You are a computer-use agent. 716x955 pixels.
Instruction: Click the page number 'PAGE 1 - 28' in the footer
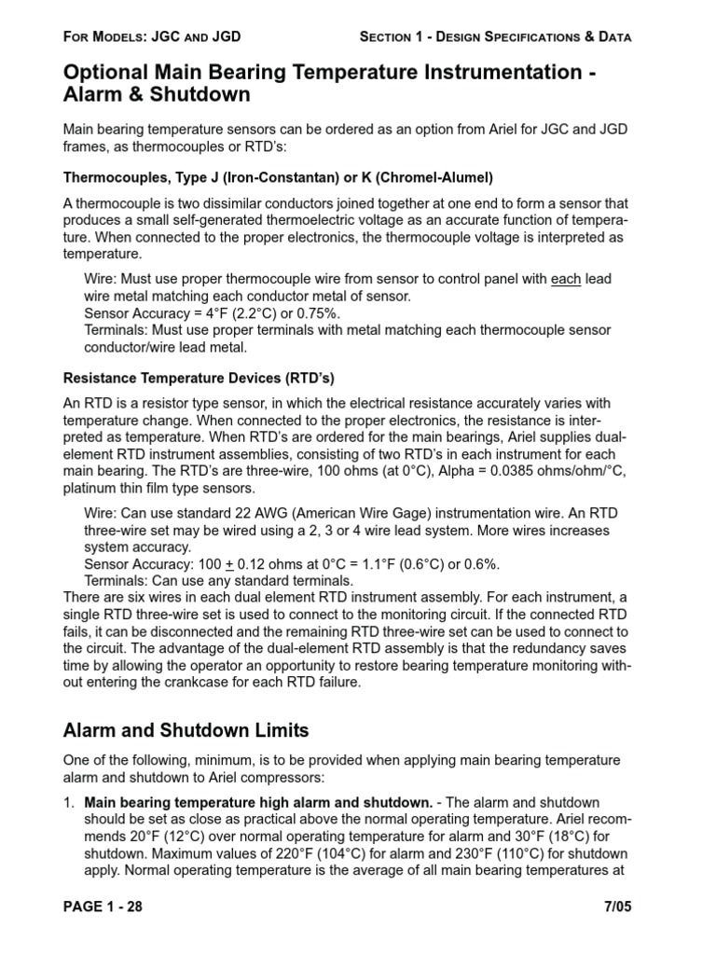point(103,907)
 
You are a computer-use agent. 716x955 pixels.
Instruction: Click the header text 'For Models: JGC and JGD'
point(152,37)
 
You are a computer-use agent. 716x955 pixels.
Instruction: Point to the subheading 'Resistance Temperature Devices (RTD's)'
point(198,379)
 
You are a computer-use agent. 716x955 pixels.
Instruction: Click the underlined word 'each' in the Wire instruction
point(567,280)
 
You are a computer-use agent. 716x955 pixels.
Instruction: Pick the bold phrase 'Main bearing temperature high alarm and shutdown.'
point(257,802)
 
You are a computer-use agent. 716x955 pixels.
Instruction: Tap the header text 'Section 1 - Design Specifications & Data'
point(495,37)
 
